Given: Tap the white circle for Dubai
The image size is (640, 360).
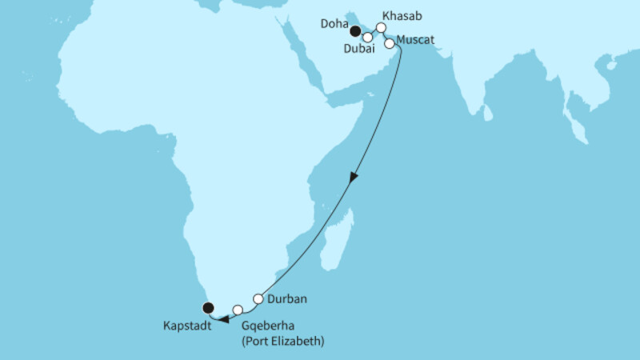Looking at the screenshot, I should coord(368,37).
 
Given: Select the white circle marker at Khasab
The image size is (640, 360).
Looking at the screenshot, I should coord(382,27).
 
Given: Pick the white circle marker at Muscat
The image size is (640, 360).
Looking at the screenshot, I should coord(390,44).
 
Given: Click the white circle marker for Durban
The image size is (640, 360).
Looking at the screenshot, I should coord(258,299).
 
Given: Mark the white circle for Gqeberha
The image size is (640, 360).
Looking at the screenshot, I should coord(238,310).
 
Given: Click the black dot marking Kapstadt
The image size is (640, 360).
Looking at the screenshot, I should coord(208,306).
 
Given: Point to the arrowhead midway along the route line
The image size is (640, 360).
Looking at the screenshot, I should coord(351,178).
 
